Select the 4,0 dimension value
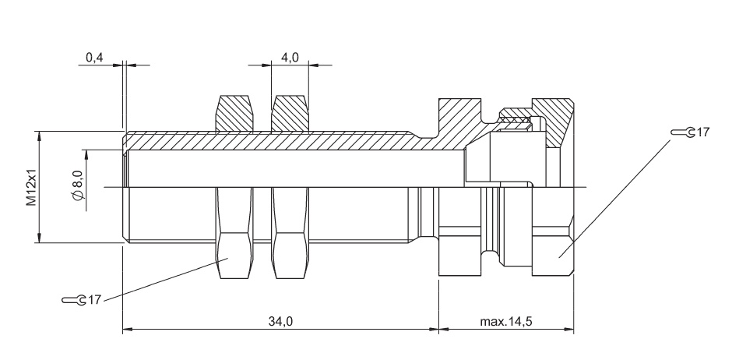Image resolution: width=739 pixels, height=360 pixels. point(290,58)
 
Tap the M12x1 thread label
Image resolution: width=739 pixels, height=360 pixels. point(30,187)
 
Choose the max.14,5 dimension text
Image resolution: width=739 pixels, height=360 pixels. point(506,321)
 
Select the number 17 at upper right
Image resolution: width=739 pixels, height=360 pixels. point(702,132)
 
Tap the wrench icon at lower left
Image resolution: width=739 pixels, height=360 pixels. point(73,299)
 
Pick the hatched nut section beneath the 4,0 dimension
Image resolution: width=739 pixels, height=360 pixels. point(289,113)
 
